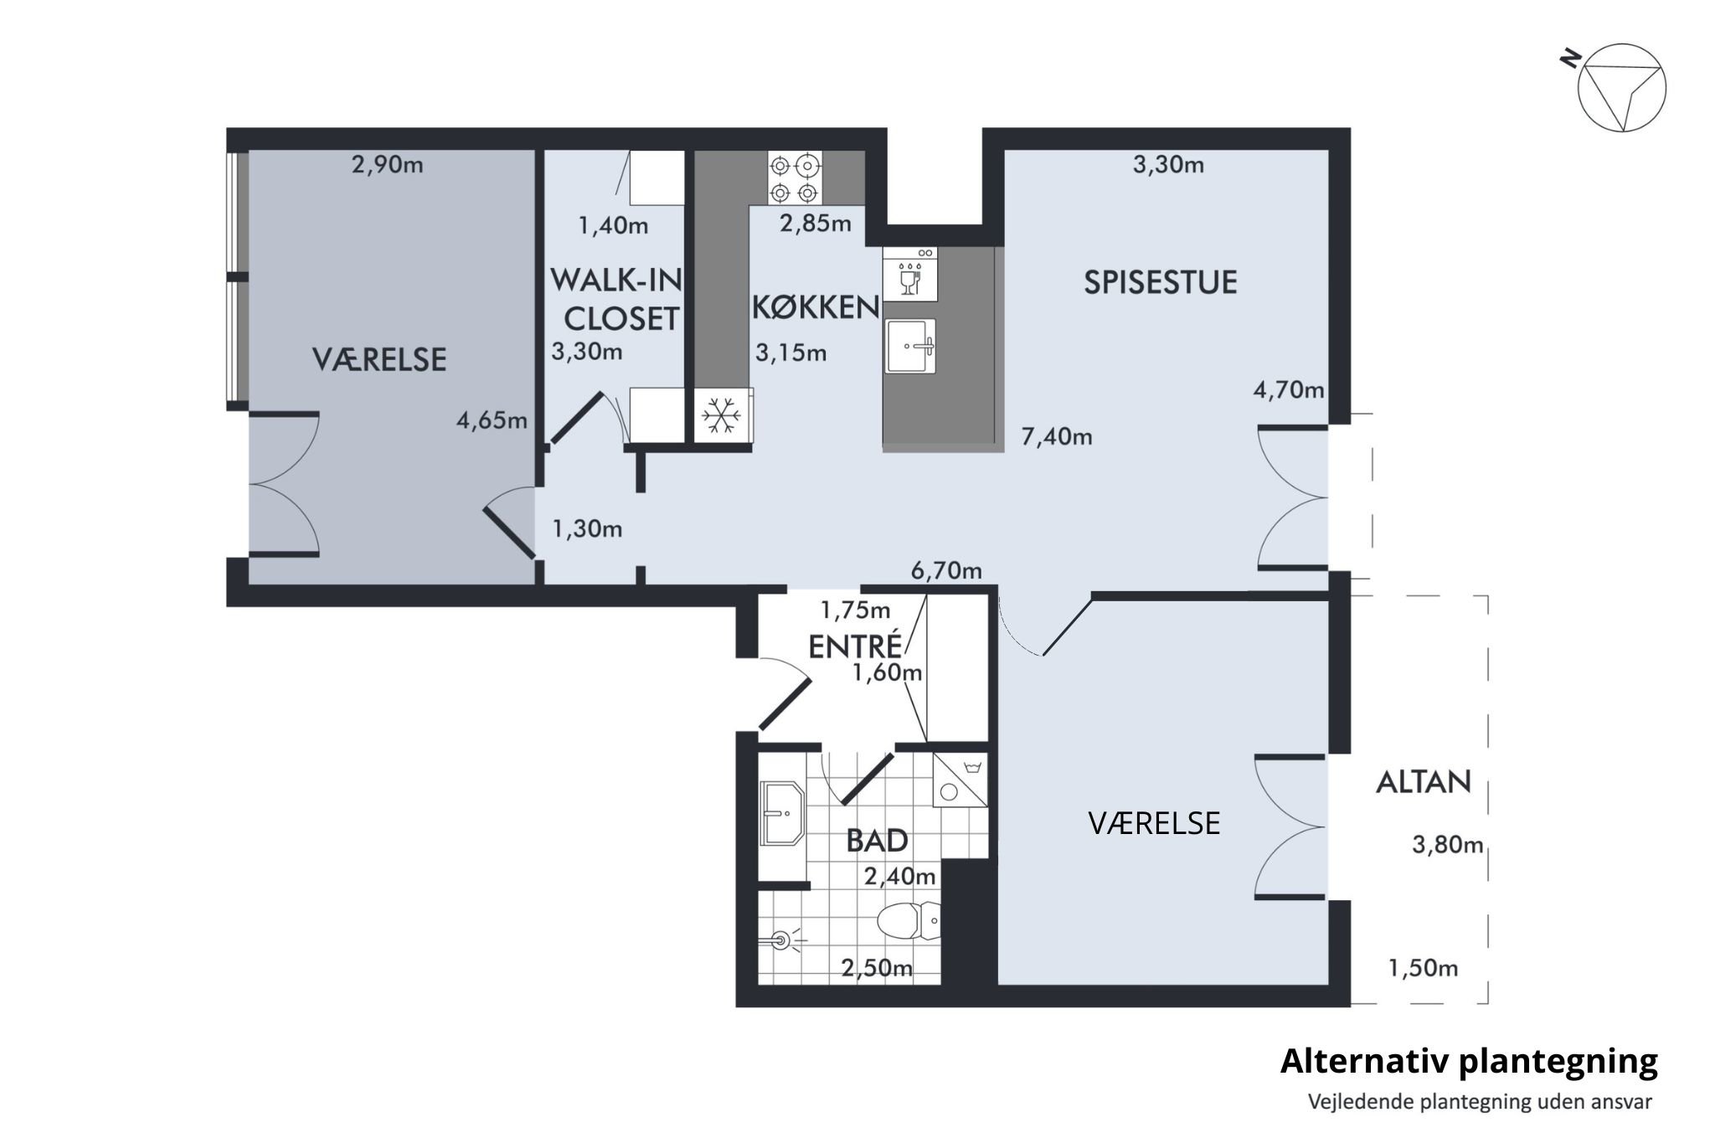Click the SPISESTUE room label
[x=1161, y=282]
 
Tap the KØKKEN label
[x=816, y=308]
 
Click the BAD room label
[x=877, y=840]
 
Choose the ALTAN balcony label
[x=1424, y=782]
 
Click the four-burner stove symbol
[x=794, y=178]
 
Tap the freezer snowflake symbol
[x=721, y=415]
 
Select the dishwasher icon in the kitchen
[x=909, y=274]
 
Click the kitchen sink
[x=910, y=346]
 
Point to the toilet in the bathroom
[x=909, y=921]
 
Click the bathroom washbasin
[x=782, y=813]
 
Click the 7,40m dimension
[x=1057, y=436]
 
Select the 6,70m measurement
[x=946, y=571]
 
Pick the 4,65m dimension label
[x=492, y=420]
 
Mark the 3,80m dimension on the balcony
[x=1448, y=845]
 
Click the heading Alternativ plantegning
[x=1469, y=1061]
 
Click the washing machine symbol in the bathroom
[x=960, y=780]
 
